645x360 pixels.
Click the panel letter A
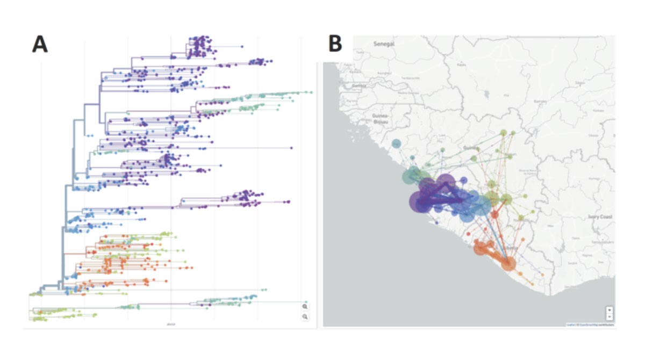[x=40, y=44]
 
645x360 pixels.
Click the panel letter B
[x=335, y=44]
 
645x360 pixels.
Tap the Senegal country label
[x=384, y=46]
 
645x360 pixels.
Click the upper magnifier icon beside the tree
[x=305, y=306]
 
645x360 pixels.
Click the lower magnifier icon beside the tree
[x=305, y=317]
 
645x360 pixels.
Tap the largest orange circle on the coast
[x=508, y=263]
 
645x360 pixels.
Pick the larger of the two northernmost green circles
[x=503, y=133]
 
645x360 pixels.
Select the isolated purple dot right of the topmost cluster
[x=241, y=47]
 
